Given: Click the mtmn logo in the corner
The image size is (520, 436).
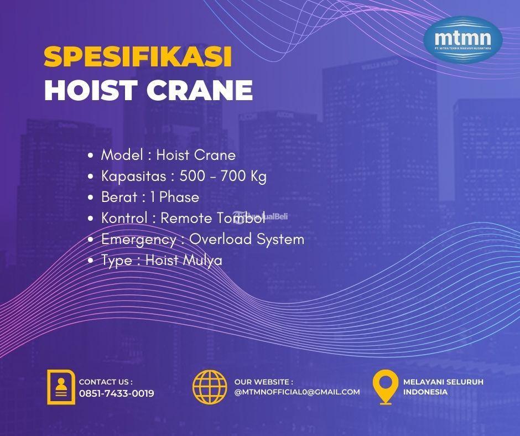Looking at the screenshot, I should (x=462, y=39).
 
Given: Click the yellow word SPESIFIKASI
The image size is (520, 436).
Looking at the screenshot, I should (x=138, y=57).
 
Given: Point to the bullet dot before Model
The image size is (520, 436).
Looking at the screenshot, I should (x=90, y=156).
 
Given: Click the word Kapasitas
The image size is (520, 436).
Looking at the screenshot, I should (x=133, y=177).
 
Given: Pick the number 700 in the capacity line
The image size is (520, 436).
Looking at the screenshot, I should (x=232, y=177).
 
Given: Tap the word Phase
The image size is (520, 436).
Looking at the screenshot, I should (x=179, y=198).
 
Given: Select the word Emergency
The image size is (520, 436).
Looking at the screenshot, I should (x=138, y=240).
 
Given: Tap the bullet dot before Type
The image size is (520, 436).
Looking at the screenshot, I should (x=90, y=261).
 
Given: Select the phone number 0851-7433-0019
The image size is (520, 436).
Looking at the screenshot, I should (x=117, y=393).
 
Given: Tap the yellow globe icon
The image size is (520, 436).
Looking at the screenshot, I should (x=210, y=386).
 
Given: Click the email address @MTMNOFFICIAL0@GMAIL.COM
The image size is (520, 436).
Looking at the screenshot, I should (x=297, y=392).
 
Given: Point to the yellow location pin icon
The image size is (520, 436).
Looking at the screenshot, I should (x=386, y=387).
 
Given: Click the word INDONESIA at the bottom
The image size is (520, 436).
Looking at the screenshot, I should (x=425, y=392).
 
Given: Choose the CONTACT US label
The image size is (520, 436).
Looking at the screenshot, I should (x=106, y=382).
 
